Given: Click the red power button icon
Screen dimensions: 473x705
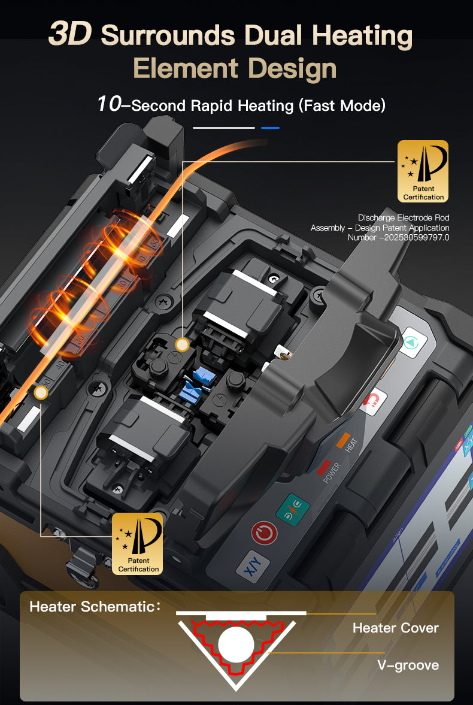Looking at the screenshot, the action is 264,533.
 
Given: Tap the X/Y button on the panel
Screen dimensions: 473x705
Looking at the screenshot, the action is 253,566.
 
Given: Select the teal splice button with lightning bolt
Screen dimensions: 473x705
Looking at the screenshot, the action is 293,508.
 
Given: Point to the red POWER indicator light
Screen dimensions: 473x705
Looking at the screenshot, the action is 324,468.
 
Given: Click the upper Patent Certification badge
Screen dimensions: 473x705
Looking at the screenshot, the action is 423,171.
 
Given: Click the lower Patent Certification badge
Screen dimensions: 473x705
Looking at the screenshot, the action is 138,544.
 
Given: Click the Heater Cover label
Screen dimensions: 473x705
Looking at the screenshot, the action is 396,628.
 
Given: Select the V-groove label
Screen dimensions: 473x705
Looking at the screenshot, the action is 408,665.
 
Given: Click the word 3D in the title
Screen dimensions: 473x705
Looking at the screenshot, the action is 70,34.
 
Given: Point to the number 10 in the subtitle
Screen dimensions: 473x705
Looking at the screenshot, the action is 109,104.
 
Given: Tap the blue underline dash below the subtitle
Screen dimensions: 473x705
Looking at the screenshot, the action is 270,128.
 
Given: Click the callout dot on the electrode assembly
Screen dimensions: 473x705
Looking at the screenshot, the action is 182,344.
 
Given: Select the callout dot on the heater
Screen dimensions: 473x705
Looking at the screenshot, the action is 41,393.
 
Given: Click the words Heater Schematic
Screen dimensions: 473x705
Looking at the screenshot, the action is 92,607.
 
